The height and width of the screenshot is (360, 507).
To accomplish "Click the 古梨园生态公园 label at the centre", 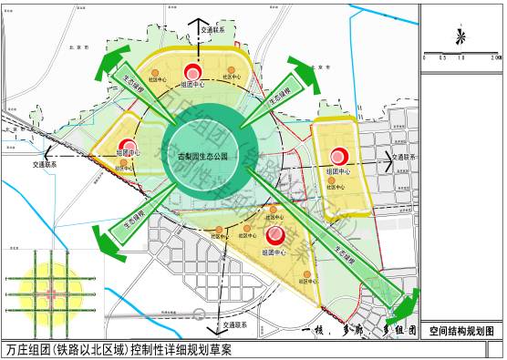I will [x=209, y=157].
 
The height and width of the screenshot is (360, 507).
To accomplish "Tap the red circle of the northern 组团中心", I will [x=193, y=72].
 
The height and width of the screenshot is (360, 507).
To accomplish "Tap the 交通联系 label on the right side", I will [x=403, y=157].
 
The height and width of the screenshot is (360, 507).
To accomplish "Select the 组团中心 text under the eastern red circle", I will [x=342, y=171].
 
